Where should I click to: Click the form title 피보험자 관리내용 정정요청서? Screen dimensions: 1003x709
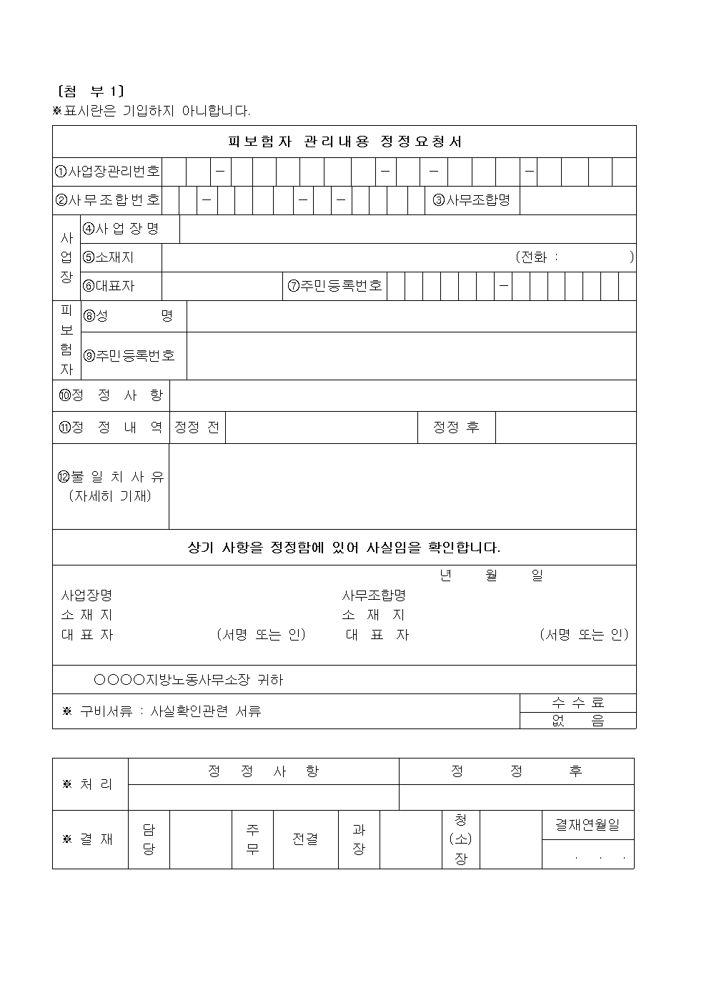coord(344,142)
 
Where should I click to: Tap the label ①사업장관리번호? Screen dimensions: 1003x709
coord(107,172)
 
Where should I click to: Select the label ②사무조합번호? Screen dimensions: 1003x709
coord(107,200)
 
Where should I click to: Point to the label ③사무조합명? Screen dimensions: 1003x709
coord(472,200)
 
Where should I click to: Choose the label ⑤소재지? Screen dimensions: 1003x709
coord(109,257)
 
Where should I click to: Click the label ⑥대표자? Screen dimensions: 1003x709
coord(109,286)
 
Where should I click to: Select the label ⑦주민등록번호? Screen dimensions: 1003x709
coord(335,286)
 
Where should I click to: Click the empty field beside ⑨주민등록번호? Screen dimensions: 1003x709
coord(411,355)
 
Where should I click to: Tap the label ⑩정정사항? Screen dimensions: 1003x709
coord(111,395)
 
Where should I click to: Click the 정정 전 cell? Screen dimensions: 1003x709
coord(197,428)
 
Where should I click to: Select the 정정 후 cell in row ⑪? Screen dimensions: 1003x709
coord(456,428)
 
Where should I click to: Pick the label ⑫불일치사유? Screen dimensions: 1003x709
coord(111,478)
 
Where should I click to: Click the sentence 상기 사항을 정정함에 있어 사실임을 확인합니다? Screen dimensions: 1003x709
coord(344,548)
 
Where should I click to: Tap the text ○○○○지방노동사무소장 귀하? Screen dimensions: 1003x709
coord(189,680)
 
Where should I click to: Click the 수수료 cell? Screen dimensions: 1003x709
coord(577,703)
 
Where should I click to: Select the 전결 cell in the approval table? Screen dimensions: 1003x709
coord(305,839)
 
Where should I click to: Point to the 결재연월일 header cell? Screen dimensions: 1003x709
coord(587,825)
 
